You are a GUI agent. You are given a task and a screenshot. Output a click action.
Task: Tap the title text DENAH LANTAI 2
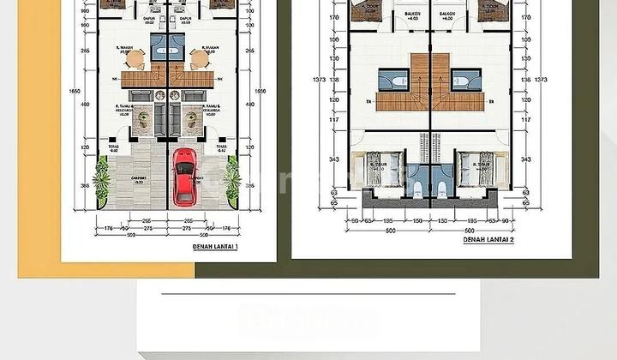(488, 241)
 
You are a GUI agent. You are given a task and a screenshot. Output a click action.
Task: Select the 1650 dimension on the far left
(75, 91)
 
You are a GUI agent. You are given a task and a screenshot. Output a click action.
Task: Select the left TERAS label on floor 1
(114, 148)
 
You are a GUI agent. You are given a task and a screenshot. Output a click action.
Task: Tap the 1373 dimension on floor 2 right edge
(541, 80)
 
